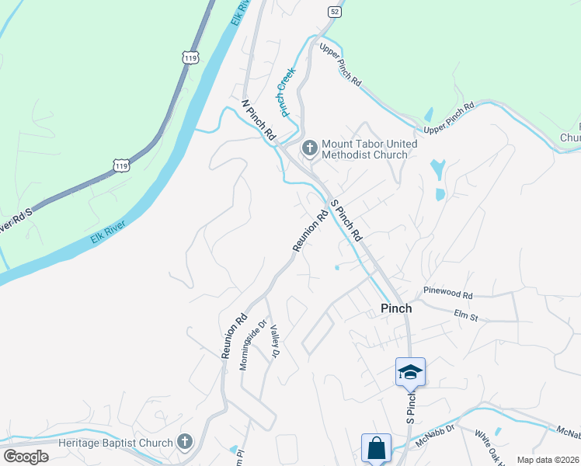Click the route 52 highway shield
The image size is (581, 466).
point(334,12)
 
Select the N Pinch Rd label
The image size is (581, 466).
point(259,120)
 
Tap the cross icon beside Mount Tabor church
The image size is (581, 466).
point(310,147)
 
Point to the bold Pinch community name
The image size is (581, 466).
point(396,308)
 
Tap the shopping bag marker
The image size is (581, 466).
point(375,448)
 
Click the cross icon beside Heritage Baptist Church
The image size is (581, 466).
point(185,442)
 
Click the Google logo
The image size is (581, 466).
point(26,457)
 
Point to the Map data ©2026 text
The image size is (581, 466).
point(548,460)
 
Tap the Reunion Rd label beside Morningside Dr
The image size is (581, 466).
point(233,336)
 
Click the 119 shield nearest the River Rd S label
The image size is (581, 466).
point(120,165)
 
